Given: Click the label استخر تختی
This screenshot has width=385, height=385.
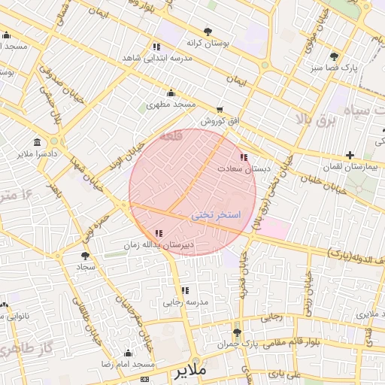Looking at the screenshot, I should coord(215,215).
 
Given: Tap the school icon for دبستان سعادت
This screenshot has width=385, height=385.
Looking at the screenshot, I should coord(243,157).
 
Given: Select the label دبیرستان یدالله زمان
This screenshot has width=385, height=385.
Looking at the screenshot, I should coord(159,245).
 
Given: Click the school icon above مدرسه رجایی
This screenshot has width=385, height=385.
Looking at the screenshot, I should coord(185,290).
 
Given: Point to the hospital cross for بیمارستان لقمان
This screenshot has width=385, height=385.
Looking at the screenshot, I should coord(350,155).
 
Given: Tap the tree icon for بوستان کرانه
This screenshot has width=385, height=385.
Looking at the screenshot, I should coord(208,32).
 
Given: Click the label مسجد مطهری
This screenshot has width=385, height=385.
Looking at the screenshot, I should coord(171,104).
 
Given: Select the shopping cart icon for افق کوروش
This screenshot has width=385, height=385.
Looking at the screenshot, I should coord(220,110).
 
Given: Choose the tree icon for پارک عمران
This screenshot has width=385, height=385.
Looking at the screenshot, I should coord(238,332).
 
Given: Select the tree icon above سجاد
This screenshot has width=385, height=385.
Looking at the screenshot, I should coord(84,256).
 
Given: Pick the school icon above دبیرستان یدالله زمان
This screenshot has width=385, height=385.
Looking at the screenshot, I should coord(158,234).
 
